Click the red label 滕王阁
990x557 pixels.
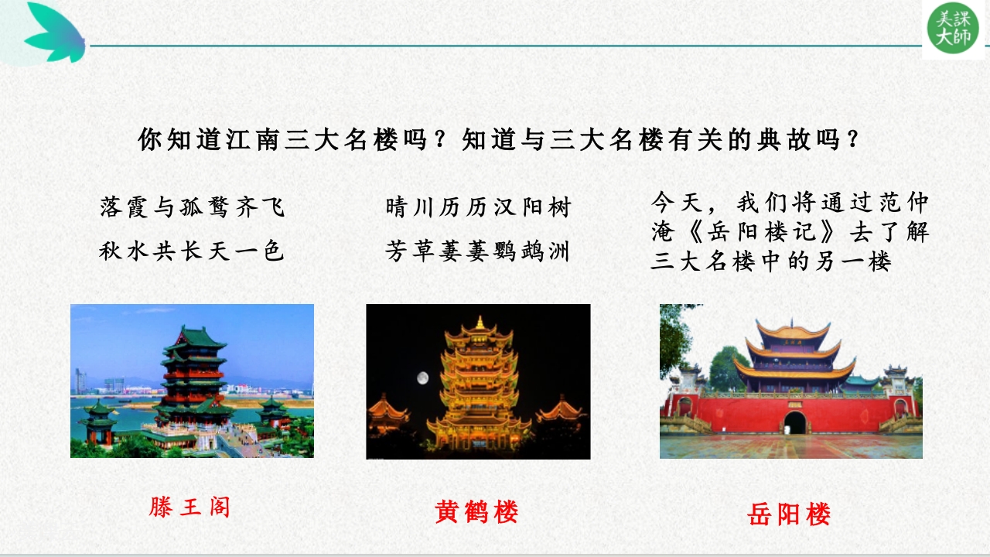pos(189,507)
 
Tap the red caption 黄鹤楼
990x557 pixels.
pos(476,512)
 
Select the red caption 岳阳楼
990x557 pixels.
pos(789,514)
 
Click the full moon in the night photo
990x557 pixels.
pos(422,378)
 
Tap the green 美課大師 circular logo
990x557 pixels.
pos(953,28)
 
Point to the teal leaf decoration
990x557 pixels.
pos(55,32)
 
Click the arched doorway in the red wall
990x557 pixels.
pos(795,422)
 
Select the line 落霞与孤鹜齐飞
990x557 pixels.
pos(192,207)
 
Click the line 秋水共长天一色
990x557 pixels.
pos(192,251)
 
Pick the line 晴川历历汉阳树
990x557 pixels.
pos(478,207)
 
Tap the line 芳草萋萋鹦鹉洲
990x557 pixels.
pos(477,251)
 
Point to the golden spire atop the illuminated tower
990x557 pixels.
pos(480,323)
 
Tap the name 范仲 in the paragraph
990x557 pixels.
pos(904,203)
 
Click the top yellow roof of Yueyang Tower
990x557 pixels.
pos(794,330)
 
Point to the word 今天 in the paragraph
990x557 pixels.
pos(677,203)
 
